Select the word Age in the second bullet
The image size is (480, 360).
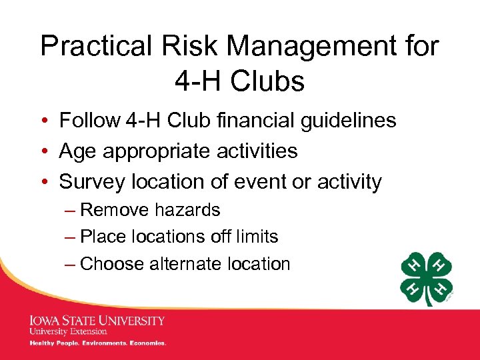coord(75,151)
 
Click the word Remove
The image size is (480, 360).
coord(115,210)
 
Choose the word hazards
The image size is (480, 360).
coord(187,210)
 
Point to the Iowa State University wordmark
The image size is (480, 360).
coord(97,321)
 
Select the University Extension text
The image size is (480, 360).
coord(68,331)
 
